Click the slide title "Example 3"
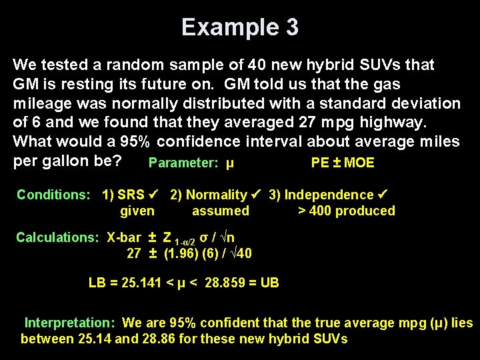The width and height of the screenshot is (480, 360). click(240, 27)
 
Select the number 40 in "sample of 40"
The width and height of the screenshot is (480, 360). click(257, 65)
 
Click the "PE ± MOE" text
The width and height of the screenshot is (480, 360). click(343, 163)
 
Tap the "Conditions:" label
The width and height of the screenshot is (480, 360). click(53, 195)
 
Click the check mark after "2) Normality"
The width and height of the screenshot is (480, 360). click(256, 195)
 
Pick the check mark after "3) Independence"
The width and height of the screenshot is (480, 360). click(383, 195)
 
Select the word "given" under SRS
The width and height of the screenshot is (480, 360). click(137, 211)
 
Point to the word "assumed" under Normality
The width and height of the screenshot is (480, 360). click(220, 211)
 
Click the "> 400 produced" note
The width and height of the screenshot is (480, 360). click(346, 211)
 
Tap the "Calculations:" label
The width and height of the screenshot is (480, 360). click(59, 237)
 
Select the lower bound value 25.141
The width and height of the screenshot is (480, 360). click(143, 283)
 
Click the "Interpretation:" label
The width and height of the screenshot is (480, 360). click(71, 323)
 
